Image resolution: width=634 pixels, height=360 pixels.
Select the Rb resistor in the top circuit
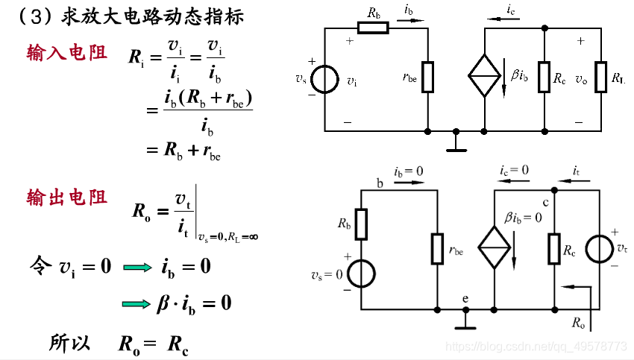pos(373,28)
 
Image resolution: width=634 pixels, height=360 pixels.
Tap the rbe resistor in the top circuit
pos(428,78)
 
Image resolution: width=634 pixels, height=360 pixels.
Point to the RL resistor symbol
pos(601,78)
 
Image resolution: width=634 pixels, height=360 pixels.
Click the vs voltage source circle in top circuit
pos(325,78)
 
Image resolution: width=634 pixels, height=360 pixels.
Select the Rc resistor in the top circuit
pos(544,78)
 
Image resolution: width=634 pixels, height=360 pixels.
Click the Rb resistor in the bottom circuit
pos(361,224)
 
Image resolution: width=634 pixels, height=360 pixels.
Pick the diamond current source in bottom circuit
pos(495,242)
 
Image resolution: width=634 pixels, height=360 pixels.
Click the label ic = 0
pos(514,171)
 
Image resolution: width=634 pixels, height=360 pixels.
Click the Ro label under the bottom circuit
pos(579,323)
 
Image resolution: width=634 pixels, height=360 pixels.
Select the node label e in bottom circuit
pos(465,299)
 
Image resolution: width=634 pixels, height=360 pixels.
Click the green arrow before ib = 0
pos(137,266)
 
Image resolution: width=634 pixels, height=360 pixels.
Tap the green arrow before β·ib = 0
pos(137,303)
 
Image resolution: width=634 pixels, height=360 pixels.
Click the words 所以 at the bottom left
pos(69,342)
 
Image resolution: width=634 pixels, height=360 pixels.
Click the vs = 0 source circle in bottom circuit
pos(361,274)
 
